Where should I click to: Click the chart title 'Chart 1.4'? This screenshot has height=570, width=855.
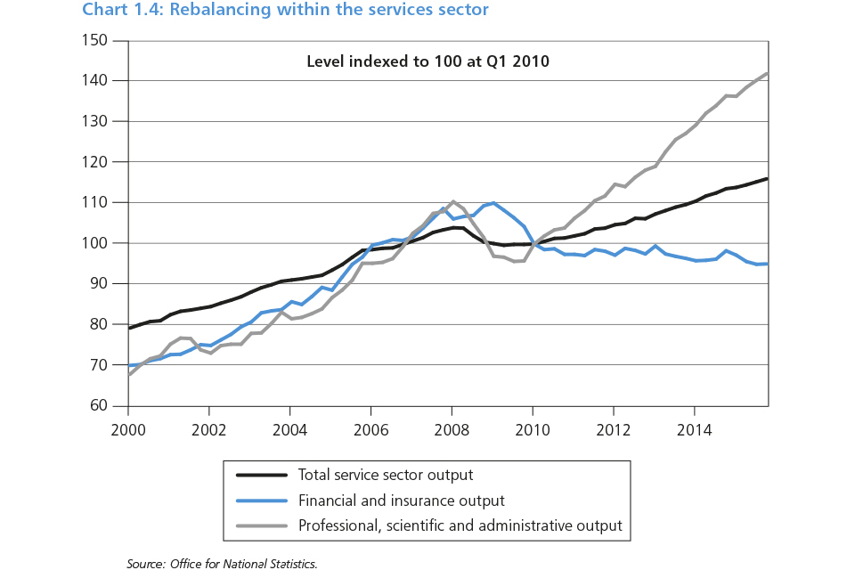coord(286,11)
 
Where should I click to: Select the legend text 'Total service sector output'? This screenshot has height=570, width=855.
coord(386,475)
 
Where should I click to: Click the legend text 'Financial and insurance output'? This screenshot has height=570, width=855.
coord(401,501)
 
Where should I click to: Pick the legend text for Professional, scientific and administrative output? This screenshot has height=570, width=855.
coord(460,525)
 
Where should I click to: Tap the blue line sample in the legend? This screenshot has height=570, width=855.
coord(258,501)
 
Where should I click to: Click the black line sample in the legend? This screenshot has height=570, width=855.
coord(258,475)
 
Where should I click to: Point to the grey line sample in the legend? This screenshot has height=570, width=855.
coord(258,525)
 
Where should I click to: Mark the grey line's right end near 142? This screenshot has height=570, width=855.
coord(768,73)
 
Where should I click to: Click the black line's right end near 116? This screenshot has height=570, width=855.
coord(768,179)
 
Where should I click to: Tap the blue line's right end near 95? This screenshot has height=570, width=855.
coord(768,264)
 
